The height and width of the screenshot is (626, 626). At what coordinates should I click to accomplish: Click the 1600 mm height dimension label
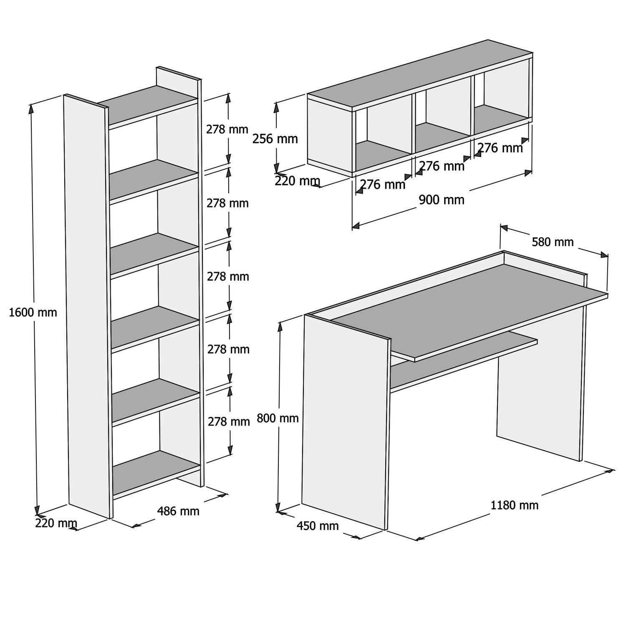(x=33, y=312)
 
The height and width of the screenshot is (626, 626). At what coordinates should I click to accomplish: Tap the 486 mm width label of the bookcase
(x=178, y=511)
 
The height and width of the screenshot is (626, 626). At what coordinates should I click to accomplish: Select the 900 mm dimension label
(x=441, y=200)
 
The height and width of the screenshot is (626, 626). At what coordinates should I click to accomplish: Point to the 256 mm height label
(x=275, y=139)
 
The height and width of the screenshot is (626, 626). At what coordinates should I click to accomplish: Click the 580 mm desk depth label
(x=553, y=242)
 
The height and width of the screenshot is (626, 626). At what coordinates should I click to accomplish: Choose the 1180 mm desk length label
(x=514, y=505)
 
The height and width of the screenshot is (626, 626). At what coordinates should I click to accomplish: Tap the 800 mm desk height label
(x=278, y=418)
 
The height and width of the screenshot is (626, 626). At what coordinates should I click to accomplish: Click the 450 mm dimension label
(x=318, y=526)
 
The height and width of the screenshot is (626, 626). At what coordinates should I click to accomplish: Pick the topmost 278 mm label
(x=227, y=129)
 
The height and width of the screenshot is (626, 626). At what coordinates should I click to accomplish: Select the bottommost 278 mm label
(x=229, y=422)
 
